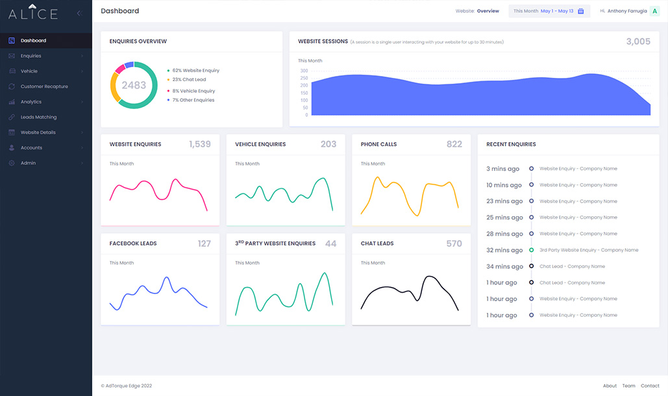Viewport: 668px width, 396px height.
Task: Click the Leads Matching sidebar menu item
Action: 38,117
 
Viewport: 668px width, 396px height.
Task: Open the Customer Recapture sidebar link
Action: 44,86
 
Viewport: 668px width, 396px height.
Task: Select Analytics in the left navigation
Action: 31,102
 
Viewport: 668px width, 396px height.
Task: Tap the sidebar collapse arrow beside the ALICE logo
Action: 79,13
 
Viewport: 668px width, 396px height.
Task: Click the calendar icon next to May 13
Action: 580,11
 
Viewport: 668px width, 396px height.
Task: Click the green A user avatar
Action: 655,11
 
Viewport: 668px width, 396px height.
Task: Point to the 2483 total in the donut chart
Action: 134,85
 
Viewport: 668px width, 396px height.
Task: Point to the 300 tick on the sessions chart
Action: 304,71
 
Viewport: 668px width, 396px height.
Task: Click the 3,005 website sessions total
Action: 638,42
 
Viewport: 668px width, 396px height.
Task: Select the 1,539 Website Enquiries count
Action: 200,144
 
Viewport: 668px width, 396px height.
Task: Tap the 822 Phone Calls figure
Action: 454,144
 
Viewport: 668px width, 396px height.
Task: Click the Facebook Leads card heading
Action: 133,243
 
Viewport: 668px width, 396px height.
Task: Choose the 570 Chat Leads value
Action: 454,243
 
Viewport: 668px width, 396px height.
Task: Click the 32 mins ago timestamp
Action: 504,250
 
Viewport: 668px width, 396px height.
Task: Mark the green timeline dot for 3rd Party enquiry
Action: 531,250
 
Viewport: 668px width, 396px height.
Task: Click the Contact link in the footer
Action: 650,386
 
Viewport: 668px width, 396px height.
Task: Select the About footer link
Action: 610,386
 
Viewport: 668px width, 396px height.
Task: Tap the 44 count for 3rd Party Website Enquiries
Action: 330,243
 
